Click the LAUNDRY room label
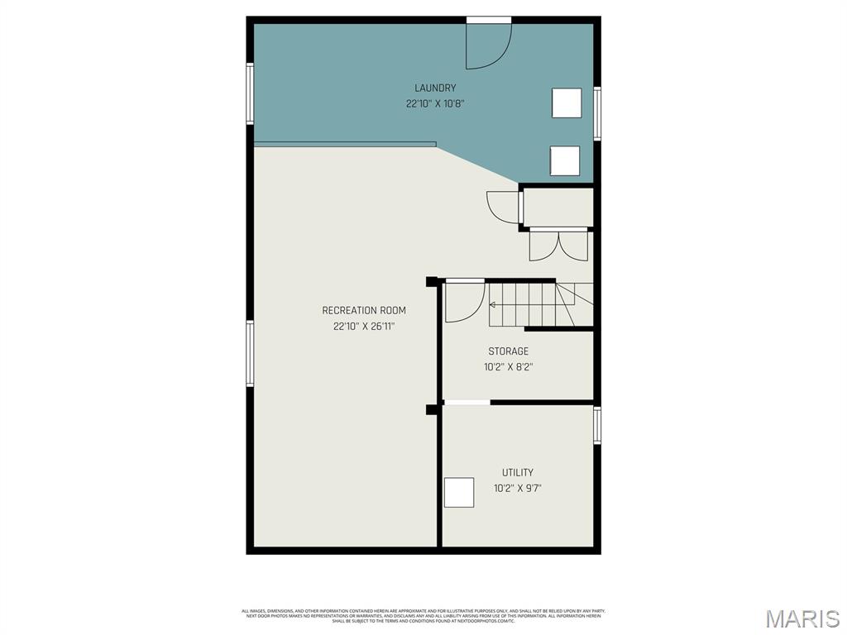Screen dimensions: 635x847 click(x=435, y=88)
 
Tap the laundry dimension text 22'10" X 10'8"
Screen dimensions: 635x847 click(x=435, y=104)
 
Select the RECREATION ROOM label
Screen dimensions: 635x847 click(x=364, y=311)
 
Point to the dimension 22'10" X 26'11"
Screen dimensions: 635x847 click(x=364, y=327)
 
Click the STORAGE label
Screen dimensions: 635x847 click(x=508, y=351)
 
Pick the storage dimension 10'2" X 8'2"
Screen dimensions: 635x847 click(x=508, y=367)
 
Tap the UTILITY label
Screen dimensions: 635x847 click(x=518, y=473)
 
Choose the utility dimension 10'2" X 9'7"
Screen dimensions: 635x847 click(x=518, y=488)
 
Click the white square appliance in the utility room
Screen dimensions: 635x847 click(x=459, y=492)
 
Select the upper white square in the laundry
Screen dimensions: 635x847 click(x=567, y=103)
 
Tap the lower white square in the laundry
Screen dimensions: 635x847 click(x=565, y=160)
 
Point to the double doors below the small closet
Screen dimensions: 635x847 click(x=558, y=245)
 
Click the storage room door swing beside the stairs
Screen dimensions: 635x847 click(x=464, y=302)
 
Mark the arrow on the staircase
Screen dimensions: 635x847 click(x=493, y=304)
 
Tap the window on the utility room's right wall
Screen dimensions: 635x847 click(x=597, y=425)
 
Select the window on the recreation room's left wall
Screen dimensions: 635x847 click(x=250, y=353)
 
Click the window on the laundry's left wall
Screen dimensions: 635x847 click(x=250, y=93)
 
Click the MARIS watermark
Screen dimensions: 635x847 click(x=802, y=618)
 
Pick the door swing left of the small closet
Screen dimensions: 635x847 click(x=502, y=206)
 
